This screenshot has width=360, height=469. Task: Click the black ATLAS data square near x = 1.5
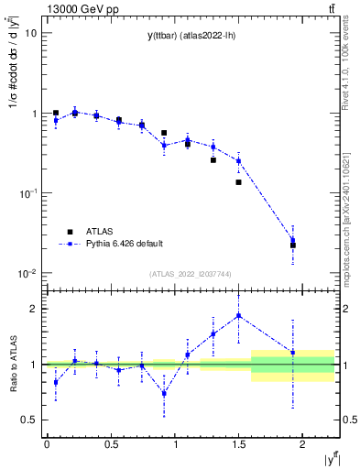click(238, 182)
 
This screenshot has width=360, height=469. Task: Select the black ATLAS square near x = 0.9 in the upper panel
click(164, 133)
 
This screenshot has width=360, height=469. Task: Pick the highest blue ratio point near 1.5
click(238, 315)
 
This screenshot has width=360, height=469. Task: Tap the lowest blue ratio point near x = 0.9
click(164, 393)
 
